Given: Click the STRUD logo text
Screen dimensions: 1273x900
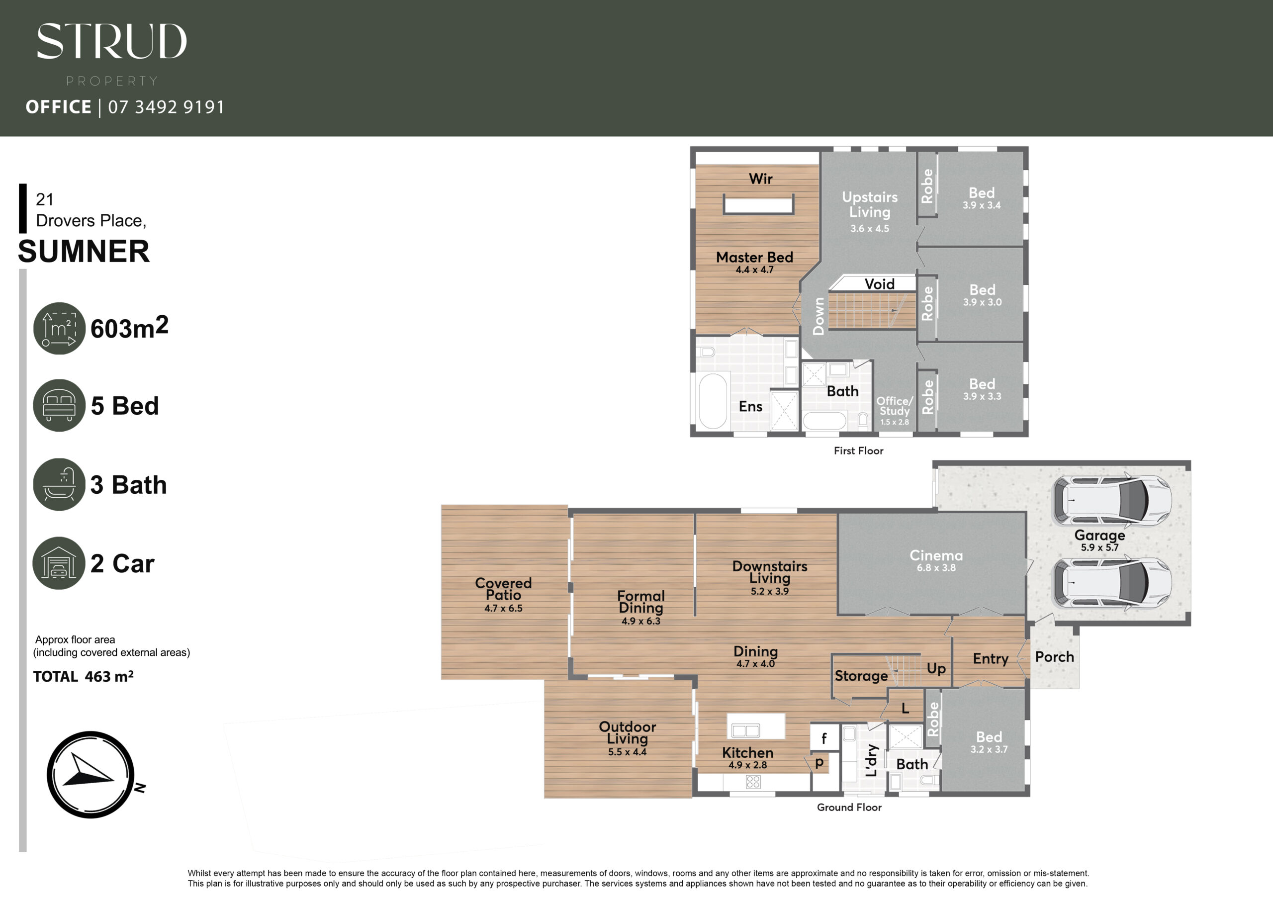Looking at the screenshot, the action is click(x=111, y=41).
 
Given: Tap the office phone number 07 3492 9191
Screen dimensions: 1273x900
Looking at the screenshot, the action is click(x=166, y=107).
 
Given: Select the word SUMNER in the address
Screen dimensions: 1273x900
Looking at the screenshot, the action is click(x=84, y=251).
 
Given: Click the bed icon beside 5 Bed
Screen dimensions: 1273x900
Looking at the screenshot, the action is click(x=59, y=405).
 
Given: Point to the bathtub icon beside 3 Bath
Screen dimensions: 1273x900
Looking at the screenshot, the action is click(x=59, y=484).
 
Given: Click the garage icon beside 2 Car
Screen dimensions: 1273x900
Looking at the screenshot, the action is click(x=59, y=563).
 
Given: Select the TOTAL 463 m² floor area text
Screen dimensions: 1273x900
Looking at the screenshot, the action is click(x=83, y=677).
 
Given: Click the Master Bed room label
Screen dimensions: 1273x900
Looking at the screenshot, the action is click(x=754, y=257).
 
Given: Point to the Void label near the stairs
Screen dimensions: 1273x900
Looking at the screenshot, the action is click(x=879, y=284).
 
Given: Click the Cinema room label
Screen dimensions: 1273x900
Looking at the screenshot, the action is click(x=936, y=555).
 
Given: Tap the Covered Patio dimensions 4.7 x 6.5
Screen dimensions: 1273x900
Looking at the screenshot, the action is click(x=503, y=608).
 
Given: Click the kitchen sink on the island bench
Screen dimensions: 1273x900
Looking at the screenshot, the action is click(x=746, y=730).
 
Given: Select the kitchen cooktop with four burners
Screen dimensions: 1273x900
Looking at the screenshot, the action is click(x=753, y=782).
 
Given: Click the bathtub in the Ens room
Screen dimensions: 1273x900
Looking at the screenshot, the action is click(x=713, y=400).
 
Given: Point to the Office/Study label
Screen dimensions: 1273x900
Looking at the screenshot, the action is click(x=894, y=406).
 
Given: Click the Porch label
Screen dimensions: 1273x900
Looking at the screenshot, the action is click(x=1054, y=657).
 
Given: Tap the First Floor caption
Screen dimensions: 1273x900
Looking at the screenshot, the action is click(x=858, y=451).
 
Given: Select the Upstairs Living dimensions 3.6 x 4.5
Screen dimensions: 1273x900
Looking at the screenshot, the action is click(x=869, y=228).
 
